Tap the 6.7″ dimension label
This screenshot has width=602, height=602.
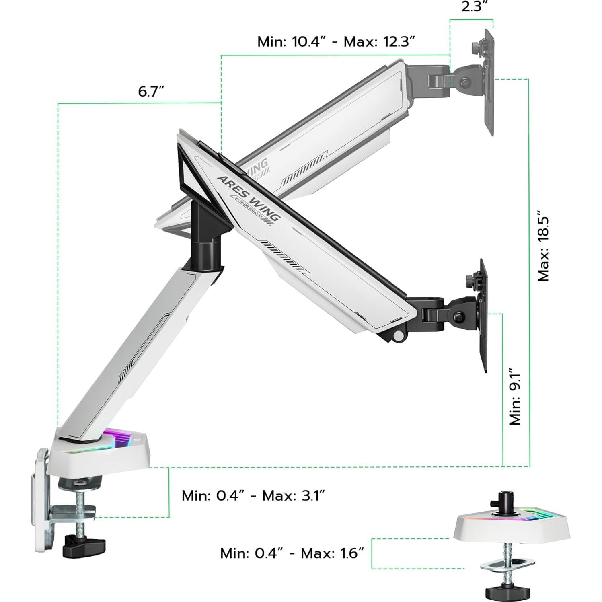pyautogui.click(x=151, y=92)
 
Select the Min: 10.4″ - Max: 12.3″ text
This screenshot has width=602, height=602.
pyautogui.click(x=336, y=41)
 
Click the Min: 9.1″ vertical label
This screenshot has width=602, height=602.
pyautogui.click(x=515, y=396)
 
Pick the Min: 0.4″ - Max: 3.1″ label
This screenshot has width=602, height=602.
pyautogui.click(x=253, y=495)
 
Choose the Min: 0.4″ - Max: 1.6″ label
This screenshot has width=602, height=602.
pyautogui.click(x=292, y=553)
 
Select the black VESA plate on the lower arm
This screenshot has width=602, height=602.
pyautogui.click(x=483, y=316)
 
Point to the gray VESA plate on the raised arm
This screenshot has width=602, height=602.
pyautogui.click(x=489, y=82)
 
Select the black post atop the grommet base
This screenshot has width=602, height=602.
pyautogui.click(x=503, y=503)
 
